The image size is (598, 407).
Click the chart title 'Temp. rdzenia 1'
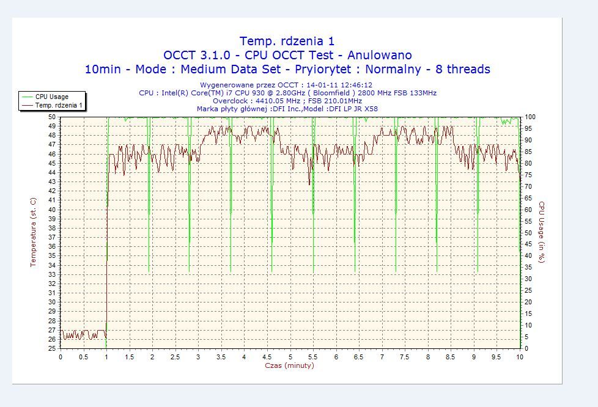pyautogui.click(x=287, y=41)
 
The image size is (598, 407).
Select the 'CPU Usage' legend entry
pyautogui.click(x=51, y=97)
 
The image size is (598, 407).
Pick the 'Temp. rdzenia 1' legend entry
pyautogui.click(x=59, y=105)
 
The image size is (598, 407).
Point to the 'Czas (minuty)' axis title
pyautogui.click(x=290, y=365)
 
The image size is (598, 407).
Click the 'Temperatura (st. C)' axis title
pyautogui.click(x=34, y=232)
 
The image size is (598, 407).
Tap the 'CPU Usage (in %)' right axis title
pyautogui.click(x=541, y=232)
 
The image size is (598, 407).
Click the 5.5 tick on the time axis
pyautogui.click(x=313, y=356)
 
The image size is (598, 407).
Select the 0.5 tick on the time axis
pyautogui.click(x=83, y=356)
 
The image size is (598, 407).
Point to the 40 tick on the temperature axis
pyautogui.click(x=52, y=210)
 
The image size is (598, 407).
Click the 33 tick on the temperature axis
pyautogui.click(x=52, y=274)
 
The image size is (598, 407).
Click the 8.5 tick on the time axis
pyautogui.click(x=451, y=356)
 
